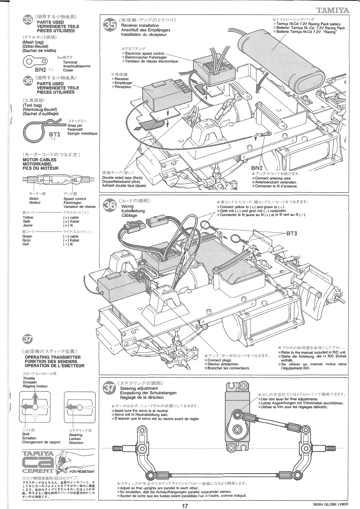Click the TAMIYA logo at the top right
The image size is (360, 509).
[332, 10]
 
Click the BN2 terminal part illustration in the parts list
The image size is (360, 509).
[35, 62]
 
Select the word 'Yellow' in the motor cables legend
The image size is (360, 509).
[28, 217]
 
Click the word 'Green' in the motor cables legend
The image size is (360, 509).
[27, 236]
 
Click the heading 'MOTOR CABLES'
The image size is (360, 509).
[39, 160]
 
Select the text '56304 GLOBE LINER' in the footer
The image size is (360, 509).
[331, 504]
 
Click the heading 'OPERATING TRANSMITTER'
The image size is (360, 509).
[53, 357]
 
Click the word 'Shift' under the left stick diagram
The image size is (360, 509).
[26, 434]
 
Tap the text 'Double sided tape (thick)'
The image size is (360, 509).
[122, 177]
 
